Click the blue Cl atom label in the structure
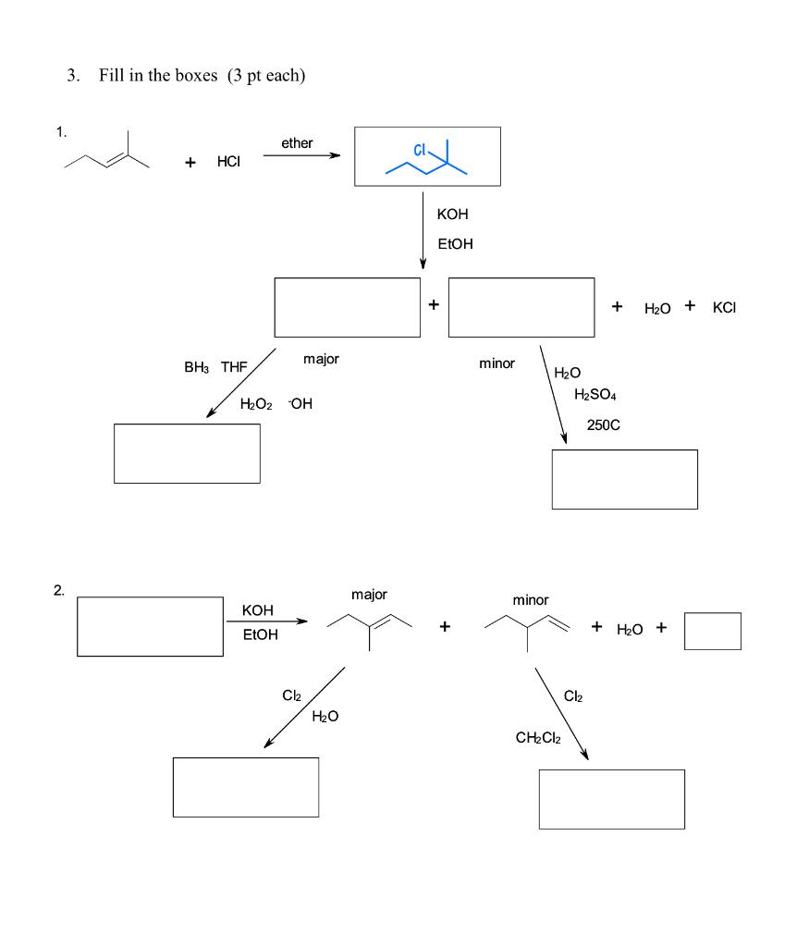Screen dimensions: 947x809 [421, 150]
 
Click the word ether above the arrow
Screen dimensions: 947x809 [297, 143]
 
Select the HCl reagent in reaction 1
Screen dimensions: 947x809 [228, 162]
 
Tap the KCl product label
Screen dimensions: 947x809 [725, 307]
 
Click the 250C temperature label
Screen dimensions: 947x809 [603, 425]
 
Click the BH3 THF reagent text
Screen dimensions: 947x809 [215, 367]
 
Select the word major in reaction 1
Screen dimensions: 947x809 [321, 359]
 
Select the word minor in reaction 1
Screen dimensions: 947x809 [496, 363]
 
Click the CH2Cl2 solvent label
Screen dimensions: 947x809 [541, 737]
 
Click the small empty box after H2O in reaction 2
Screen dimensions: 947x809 [712, 631]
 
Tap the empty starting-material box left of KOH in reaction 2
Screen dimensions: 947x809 [150, 626]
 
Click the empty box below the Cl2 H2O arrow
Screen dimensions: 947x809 [245, 787]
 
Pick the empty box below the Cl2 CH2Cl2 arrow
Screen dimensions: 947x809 [611, 799]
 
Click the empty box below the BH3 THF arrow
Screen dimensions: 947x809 [187, 453]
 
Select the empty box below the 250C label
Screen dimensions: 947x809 [624, 479]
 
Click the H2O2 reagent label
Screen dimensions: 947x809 [256, 404]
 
